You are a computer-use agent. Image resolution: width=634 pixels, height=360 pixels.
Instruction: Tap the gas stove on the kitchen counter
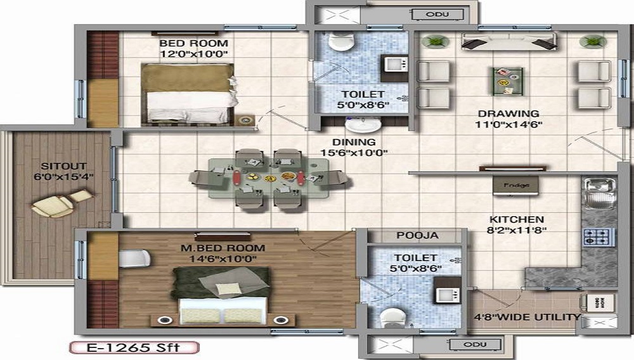click(x=598, y=237)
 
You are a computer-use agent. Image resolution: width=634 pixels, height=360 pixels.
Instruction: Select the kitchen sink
click(x=598, y=192)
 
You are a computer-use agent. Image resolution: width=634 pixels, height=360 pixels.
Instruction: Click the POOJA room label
click(x=417, y=235)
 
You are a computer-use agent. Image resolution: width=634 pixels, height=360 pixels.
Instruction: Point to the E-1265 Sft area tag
click(x=133, y=347)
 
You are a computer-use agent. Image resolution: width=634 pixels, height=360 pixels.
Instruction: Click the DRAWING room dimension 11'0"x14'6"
click(x=508, y=125)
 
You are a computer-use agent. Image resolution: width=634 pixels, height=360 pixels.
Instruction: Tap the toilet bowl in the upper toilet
click(x=343, y=42)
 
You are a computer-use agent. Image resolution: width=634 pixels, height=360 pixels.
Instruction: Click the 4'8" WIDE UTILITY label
click(x=527, y=317)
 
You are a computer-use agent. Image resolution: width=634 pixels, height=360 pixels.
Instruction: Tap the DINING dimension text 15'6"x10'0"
click(x=354, y=152)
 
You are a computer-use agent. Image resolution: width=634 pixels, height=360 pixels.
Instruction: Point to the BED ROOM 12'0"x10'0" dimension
click(x=193, y=55)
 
